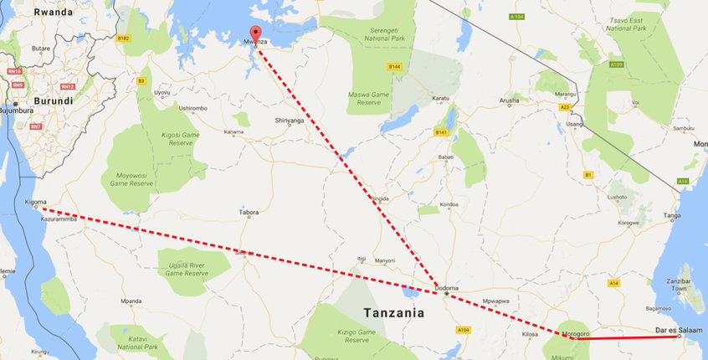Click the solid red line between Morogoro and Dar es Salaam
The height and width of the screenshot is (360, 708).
point(628,338)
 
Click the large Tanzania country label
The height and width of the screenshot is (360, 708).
point(393,313)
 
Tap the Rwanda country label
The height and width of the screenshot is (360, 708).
point(54,13)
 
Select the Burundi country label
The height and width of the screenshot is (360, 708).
point(52,100)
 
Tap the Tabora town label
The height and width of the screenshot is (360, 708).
point(249,213)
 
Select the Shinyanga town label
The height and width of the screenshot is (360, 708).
point(290,121)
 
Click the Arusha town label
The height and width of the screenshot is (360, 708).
point(510,100)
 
